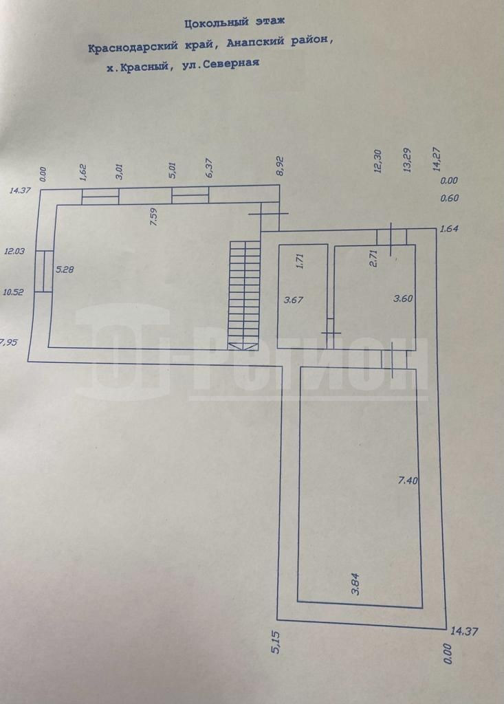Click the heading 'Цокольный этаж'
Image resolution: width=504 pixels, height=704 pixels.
234,24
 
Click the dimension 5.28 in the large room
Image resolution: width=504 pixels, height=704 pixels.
65,269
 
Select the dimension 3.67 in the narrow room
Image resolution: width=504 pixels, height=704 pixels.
294,299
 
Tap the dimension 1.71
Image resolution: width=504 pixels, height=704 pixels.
300,261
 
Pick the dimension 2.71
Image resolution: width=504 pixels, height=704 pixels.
375,260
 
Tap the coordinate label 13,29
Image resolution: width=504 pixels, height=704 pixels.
407,161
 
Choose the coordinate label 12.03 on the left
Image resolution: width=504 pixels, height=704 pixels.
14,252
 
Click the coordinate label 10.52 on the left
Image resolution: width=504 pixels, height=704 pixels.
14,291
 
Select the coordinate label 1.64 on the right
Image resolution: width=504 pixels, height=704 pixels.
448,229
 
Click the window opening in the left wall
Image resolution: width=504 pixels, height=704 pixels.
43,271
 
